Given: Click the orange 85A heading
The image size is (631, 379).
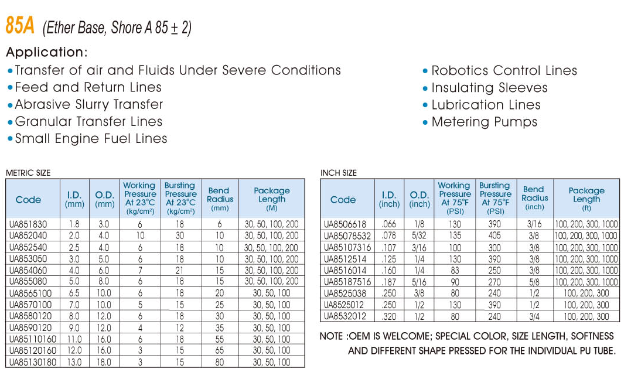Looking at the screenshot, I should (x=20, y=26).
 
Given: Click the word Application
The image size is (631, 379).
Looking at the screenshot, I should (x=46, y=52).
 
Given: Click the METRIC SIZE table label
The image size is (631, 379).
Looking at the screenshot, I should (x=28, y=173).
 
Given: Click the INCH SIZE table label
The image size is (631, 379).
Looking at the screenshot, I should (x=338, y=173).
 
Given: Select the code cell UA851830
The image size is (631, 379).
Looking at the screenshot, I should (x=28, y=224).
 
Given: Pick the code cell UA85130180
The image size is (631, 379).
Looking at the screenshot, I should (x=33, y=362).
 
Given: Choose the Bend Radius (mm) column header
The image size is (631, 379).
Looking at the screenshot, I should (x=220, y=199).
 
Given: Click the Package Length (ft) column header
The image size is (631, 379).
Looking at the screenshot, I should (x=586, y=199).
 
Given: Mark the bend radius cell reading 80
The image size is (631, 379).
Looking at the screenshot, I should (x=220, y=362).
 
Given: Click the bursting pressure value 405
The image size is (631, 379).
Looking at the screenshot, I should (x=495, y=235).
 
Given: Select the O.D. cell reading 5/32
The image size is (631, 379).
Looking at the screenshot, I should (x=419, y=235).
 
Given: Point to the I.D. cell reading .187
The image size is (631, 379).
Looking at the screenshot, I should (x=388, y=282).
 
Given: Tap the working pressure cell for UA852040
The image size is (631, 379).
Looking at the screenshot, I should (x=140, y=235).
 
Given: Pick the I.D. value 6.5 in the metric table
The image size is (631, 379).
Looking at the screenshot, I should (x=74, y=293).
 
